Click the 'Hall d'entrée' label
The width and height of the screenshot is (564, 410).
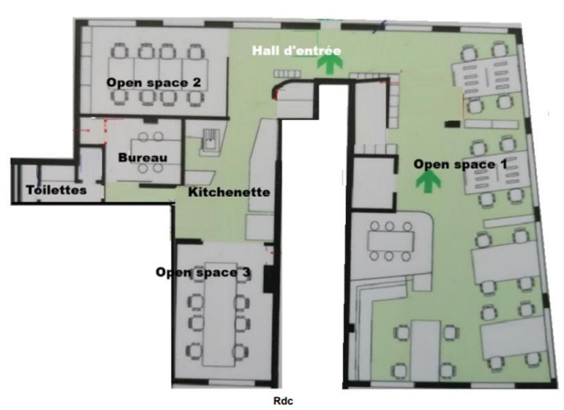click(297, 51)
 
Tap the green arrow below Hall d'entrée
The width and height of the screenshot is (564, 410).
click(330, 65)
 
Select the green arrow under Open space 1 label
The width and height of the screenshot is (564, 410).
click(428, 181)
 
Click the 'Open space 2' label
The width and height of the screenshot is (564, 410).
click(154, 82)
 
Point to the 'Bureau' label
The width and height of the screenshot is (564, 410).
click(143, 158)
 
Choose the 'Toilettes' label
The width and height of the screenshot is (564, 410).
click(56, 190)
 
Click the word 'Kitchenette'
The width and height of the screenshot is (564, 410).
click(229, 192)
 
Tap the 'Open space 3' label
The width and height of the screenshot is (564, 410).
click(203, 272)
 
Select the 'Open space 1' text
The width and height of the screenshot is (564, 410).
click(460, 164)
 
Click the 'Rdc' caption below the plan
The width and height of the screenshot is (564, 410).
click(283, 401)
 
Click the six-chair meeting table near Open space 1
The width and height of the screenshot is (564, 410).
click(390, 241)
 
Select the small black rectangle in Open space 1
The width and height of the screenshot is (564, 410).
click(453, 124)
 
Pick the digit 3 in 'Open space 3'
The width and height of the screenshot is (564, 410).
click(246, 272)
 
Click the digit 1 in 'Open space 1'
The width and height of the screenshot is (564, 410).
click(504, 164)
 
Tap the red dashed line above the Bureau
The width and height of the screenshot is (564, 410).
click(105, 132)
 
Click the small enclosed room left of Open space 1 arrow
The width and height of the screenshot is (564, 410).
click(373, 183)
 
